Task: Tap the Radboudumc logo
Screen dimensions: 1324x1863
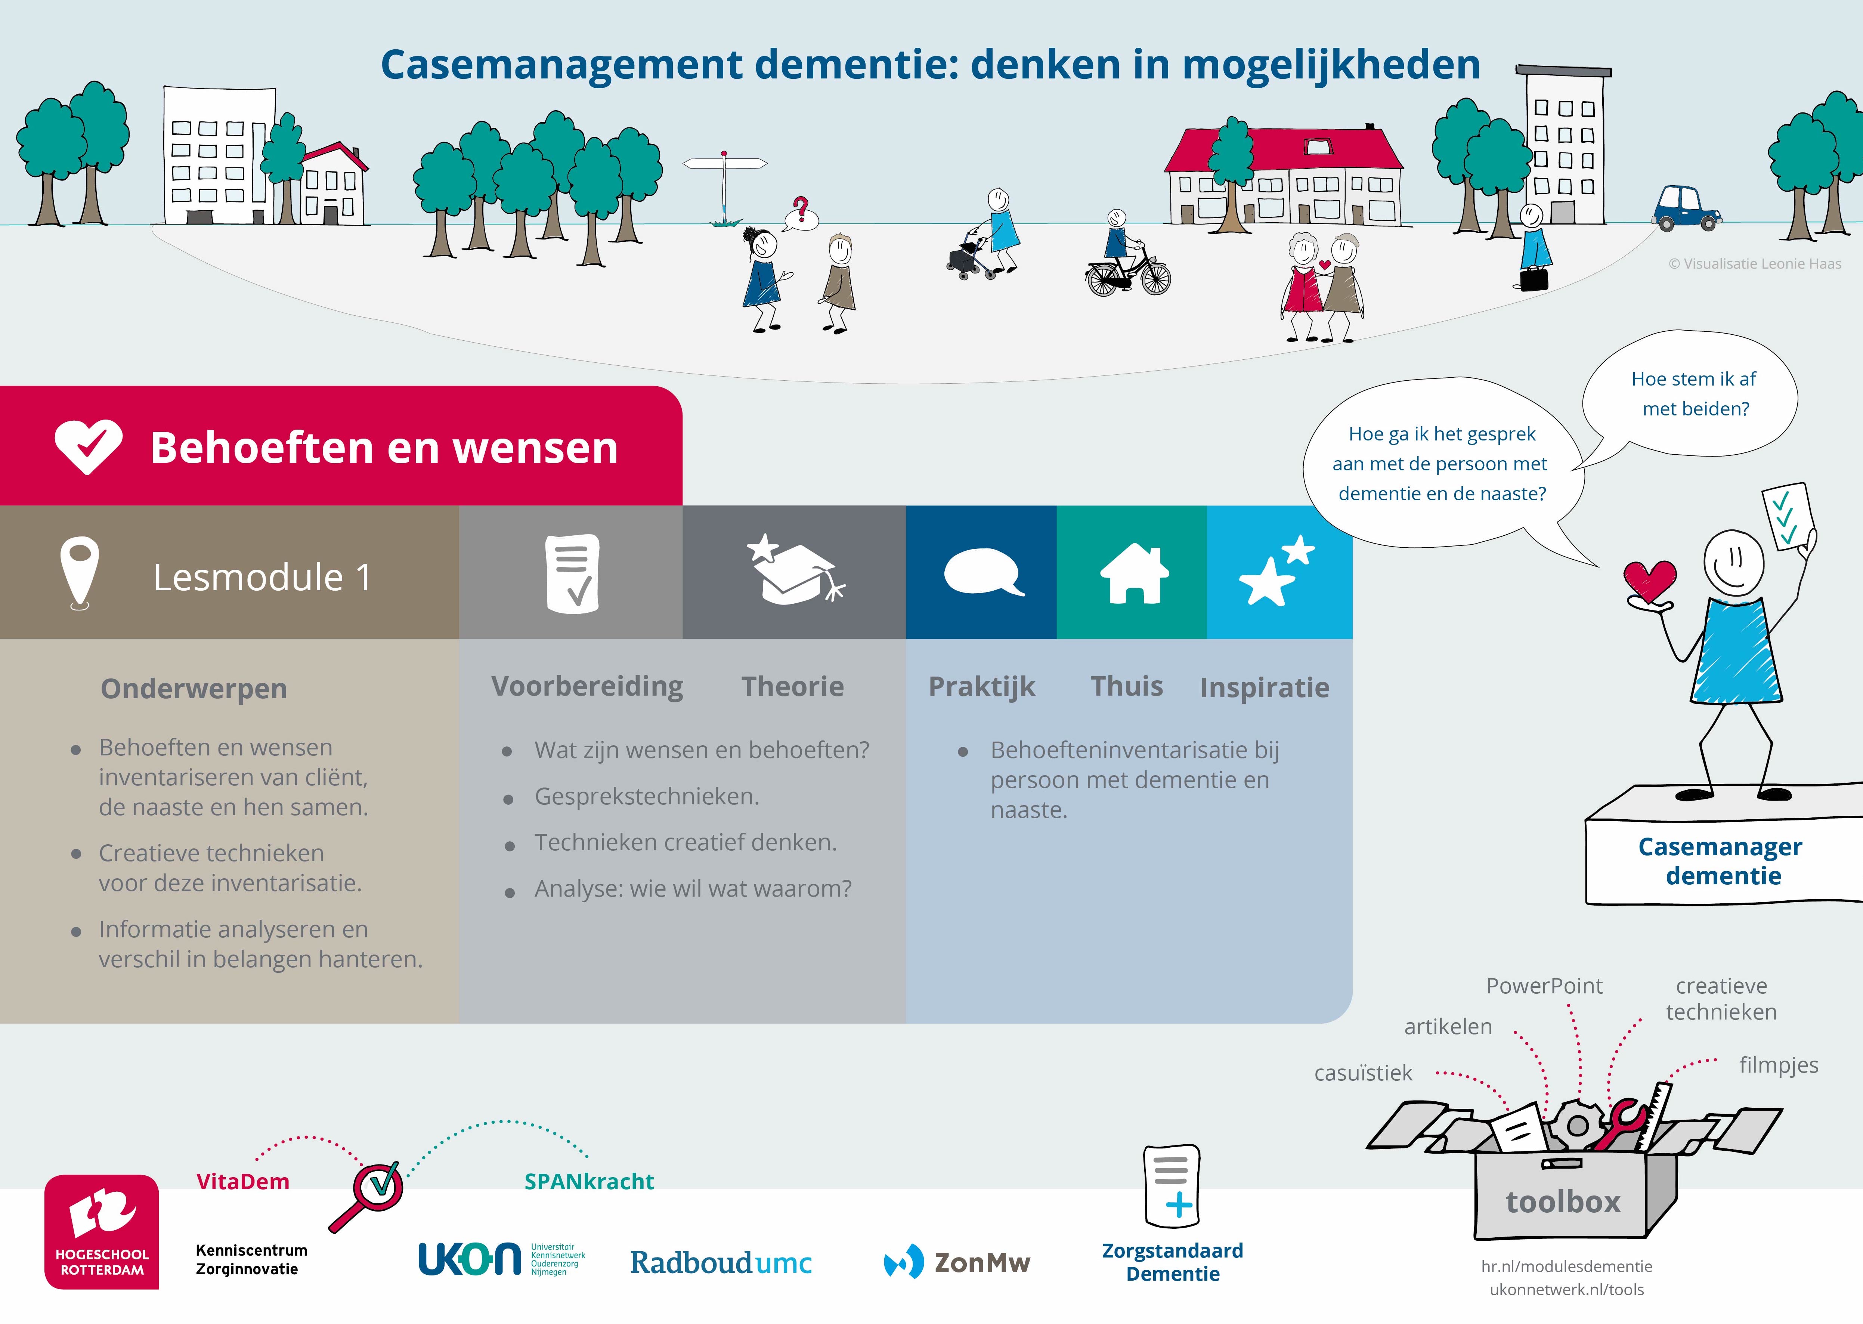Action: click(x=721, y=1262)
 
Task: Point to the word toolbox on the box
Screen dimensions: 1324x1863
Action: click(x=1562, y=1202)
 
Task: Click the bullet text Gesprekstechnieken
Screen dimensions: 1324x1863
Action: click(x=647, y=796)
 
